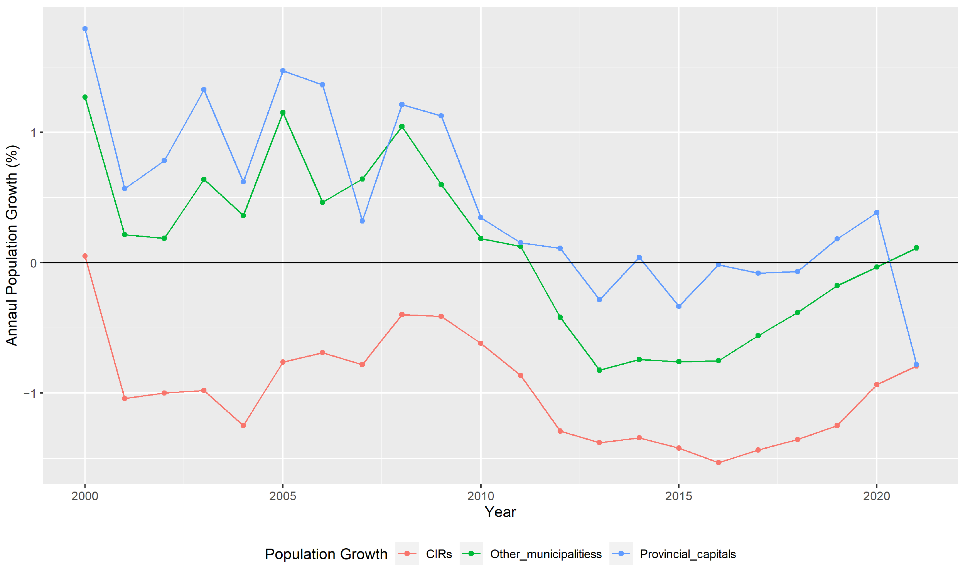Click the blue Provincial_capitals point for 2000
85,29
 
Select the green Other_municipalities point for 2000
85,97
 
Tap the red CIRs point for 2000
85,256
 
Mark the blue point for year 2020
877,213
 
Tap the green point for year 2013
599,370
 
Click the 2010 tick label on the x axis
481,496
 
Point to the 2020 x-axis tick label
877,496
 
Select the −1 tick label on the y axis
30,393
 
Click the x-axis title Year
500,512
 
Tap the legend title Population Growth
326,554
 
